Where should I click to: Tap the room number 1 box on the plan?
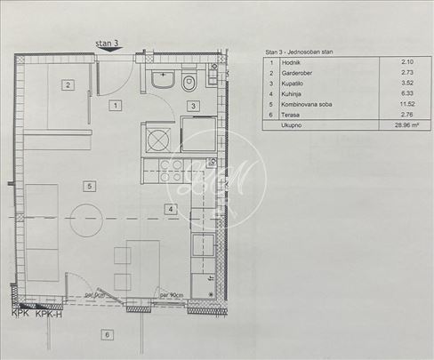tap(115, 106)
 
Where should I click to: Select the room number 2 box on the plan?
tap(67, 85)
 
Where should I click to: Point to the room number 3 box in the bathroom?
tap(192, 106)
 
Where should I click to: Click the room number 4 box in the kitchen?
tap(168, 209)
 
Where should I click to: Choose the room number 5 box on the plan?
tap(89, 186)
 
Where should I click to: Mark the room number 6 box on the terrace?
tap(107, 335)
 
